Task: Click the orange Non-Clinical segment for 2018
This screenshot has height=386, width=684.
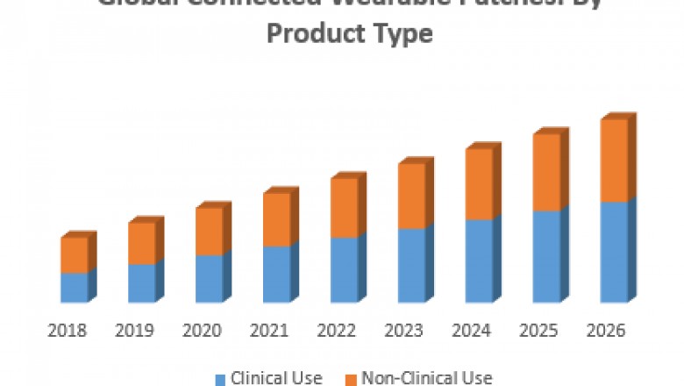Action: tap(74, 255)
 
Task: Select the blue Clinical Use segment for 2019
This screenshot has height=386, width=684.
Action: tap(141, 282)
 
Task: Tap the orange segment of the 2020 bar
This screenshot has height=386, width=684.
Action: tap(209, 232)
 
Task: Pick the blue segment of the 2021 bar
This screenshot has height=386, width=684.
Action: tap(276, 274)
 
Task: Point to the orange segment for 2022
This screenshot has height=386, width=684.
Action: tap(344, 208)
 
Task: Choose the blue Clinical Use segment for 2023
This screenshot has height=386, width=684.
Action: tap(411, 265)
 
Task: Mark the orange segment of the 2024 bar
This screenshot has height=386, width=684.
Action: tap(479, 184)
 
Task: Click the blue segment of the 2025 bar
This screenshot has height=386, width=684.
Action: tap(546, 256)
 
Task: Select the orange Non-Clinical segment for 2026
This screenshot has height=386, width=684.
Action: tap(614, 161)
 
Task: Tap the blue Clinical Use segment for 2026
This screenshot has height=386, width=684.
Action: tap(614, 252)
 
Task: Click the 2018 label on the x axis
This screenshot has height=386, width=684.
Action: tap(67, 331)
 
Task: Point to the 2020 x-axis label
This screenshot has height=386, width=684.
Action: tap(202, 331)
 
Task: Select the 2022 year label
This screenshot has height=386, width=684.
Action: tap(337, 331)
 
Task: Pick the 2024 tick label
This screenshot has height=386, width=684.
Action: tap(472, 331)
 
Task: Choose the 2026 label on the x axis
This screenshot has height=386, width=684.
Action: tap(606, 331)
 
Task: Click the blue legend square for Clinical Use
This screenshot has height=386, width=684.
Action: tap(221, 379)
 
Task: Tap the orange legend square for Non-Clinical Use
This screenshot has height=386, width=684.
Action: tap(352, 379)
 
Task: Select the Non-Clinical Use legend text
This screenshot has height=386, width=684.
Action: tap(427, 378)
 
